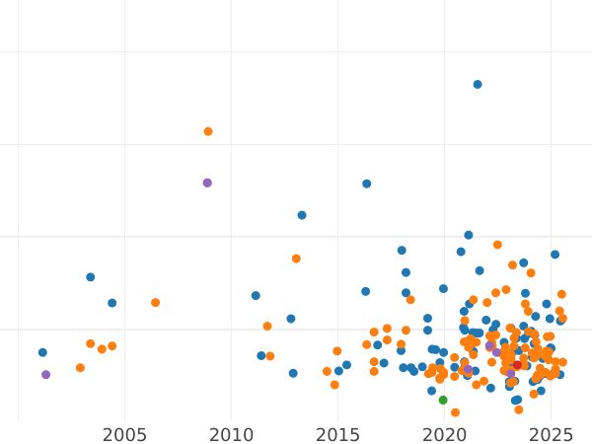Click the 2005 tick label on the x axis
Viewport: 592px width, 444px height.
click(124, 435)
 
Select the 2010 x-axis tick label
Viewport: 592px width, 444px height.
click(231, 435)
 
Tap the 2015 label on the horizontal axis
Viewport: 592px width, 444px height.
click(337, 435)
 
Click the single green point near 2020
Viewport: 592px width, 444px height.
click(443, 400)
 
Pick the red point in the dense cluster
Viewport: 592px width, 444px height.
click(517, 365)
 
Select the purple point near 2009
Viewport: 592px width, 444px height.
click(207, 183)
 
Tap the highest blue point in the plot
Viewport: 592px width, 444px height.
click(478, 85)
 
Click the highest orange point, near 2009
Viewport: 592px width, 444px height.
click(208, 131)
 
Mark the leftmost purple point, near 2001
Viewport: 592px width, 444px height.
click(45, 375)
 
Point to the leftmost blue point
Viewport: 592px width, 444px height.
click(42, 352)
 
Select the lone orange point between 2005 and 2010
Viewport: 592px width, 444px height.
click(155, 303)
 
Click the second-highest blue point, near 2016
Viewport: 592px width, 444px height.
click(366, 184)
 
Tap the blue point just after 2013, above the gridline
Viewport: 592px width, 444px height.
click(302, 215)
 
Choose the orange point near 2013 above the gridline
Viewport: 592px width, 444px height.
click(296, 259)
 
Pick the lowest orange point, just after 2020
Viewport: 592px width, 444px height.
click(455, 412)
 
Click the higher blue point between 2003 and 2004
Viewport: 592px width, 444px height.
click(90, 277)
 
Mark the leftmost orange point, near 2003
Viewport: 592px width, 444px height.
click(80, 368)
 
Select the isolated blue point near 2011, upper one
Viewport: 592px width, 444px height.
click(256, 295)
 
